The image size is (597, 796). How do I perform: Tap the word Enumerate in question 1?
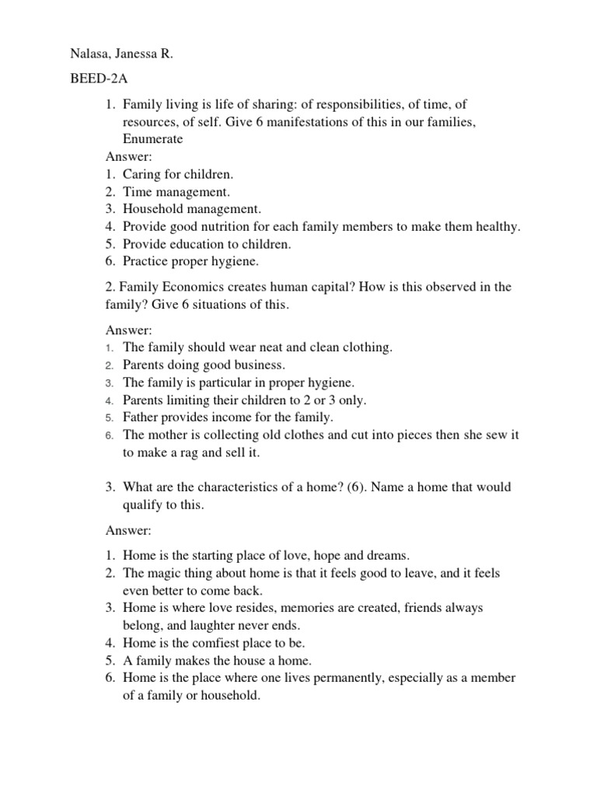coord(152,138)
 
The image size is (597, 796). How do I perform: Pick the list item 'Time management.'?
coord(176,192)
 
